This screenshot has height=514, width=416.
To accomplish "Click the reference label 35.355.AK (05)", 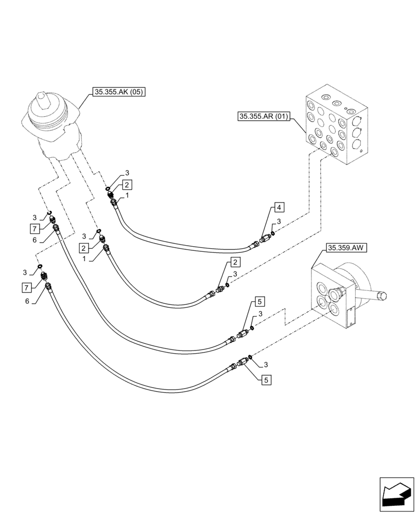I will click(x=118, y=93).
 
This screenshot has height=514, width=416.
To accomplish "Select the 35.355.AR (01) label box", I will click(x=263, y=116).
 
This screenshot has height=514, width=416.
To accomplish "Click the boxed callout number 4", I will click(x=278, y=207).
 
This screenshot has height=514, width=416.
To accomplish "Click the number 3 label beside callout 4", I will click(x=279, y=222).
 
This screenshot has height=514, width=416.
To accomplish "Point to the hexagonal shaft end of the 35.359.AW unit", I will click(x=382, y=297).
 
